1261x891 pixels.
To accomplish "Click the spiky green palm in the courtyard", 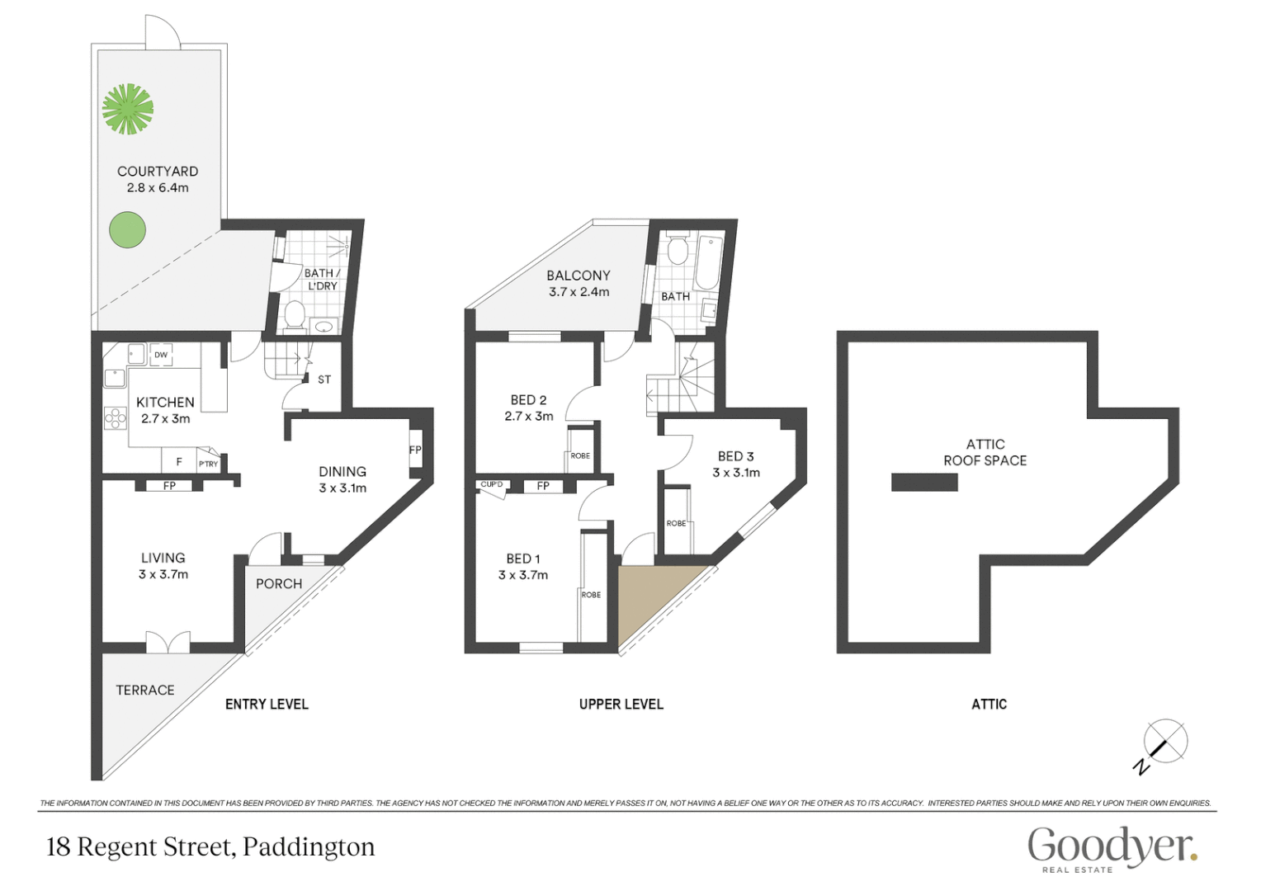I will coord(128,109).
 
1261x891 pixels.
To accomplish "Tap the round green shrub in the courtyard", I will coord(128,230).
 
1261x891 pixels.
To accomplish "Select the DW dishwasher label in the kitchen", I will coord(161,355).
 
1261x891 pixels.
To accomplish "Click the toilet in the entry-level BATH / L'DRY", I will coord(294,314).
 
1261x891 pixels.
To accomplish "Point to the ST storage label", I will coord(324,379).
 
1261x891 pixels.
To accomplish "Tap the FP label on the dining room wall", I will coord(415,450).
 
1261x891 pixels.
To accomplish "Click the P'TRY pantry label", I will coord(208,464).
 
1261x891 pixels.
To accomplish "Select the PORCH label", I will coord(279,583).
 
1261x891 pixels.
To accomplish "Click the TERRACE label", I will coord(145,690).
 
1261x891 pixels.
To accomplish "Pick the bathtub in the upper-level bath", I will coord(710,262).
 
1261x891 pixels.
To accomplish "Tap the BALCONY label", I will coord(579,276).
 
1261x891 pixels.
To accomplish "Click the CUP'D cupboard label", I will coord(492,484).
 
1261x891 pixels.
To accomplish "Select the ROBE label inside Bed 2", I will coord(580,455).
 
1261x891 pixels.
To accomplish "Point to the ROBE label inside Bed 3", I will coord(676,523).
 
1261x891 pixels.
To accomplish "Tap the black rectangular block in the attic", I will coord(924,483).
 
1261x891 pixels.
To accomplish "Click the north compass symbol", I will coord(1164,742).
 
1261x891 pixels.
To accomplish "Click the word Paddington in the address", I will coord(309,847).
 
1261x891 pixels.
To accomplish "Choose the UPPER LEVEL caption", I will coord(621,704).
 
